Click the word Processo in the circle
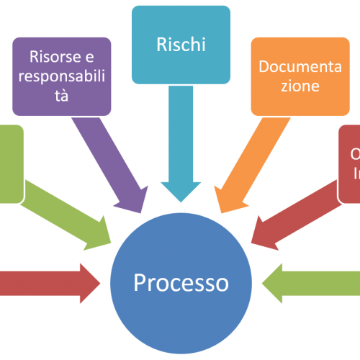[x=181, y=282]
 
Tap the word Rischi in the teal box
[x=181, y=45]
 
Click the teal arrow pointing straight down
[x=181, y=144]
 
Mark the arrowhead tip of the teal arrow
[x=181, y=200]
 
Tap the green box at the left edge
[x=12, y=163]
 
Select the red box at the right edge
[x=349, y=163]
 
